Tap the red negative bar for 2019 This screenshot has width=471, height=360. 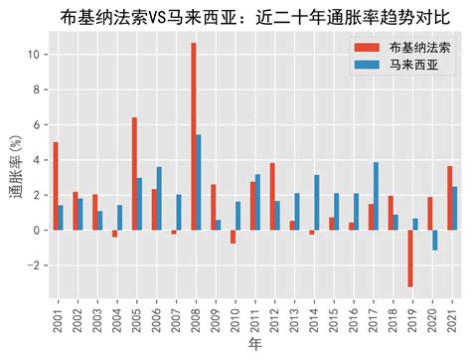click(x=410, y=259)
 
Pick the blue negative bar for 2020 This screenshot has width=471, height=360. click(x=434, y=240)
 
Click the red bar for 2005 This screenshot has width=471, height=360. click(x=134, y=173)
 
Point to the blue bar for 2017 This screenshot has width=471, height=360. click(x=376, y=196)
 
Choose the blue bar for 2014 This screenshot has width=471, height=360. click(x=317, y=202)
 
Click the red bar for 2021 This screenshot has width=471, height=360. click(x=449, y=198)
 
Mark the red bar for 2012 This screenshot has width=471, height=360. click(x=271, y=196)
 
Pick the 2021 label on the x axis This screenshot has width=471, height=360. click(x=452, y=316)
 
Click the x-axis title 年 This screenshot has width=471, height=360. click(x=253, y=346)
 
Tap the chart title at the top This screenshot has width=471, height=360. click(x=253, y=15)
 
